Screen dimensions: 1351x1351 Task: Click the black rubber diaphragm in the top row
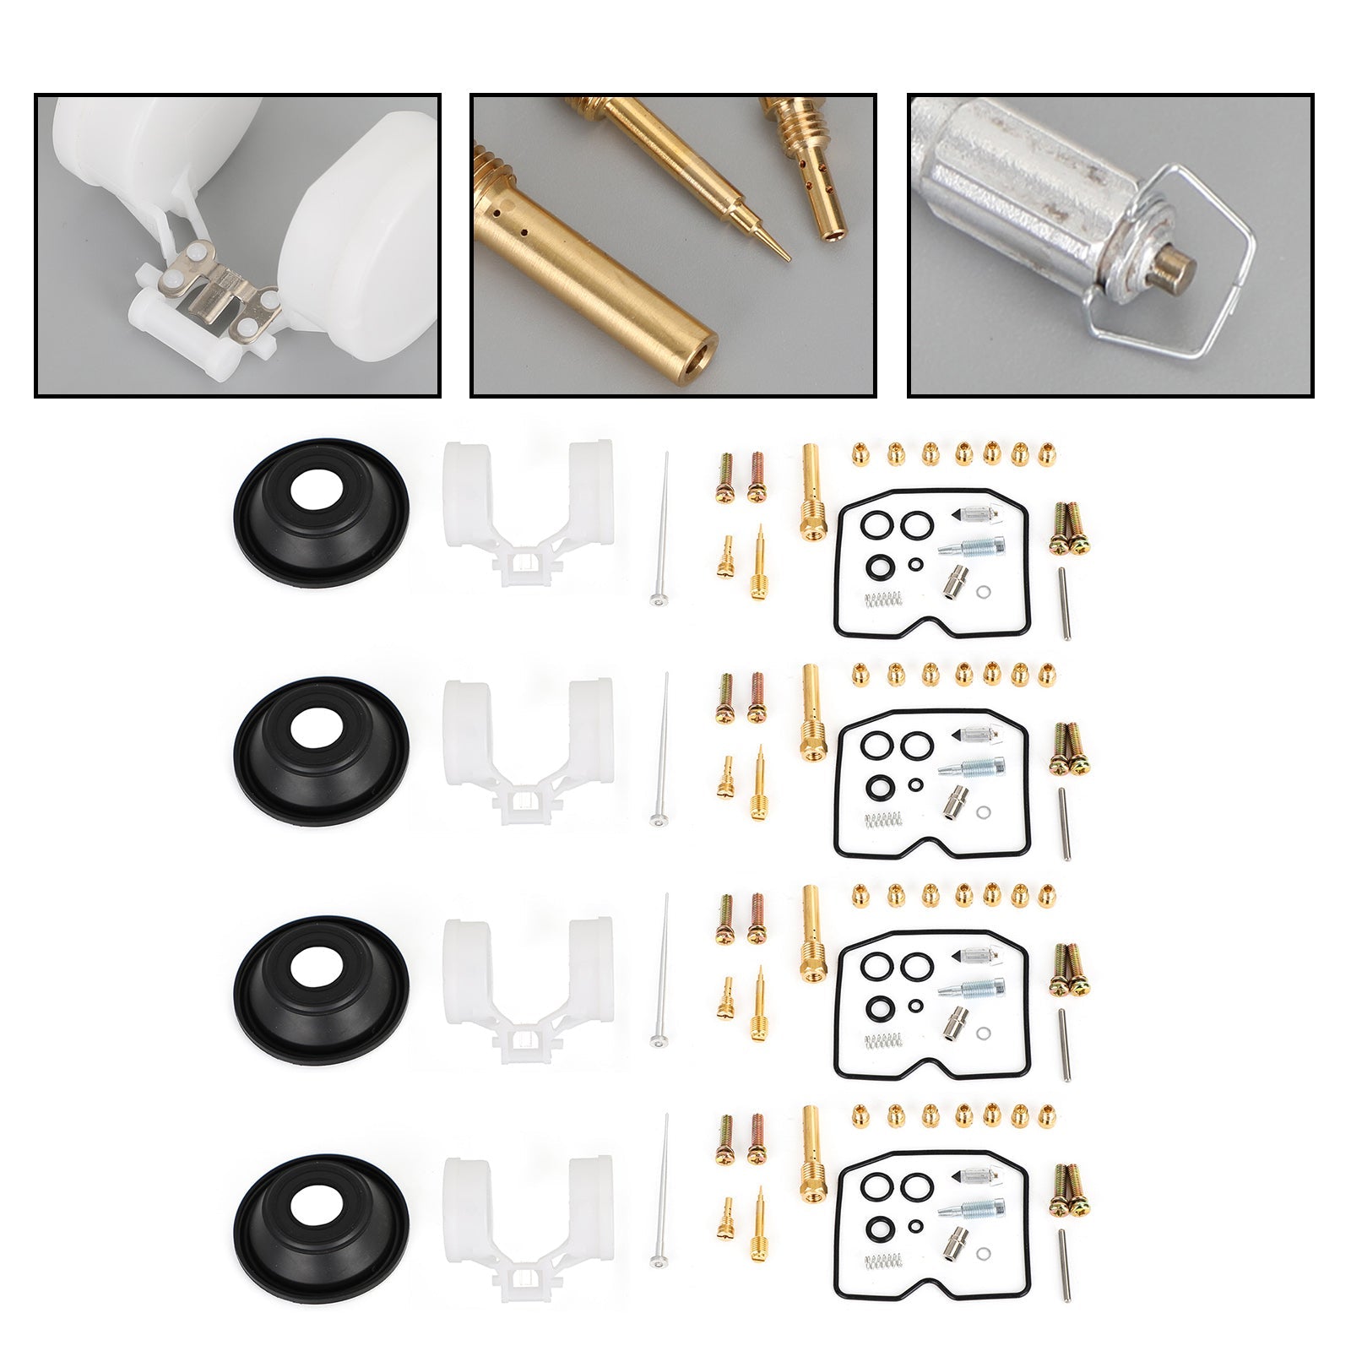[321, 513]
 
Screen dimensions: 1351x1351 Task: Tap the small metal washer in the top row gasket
[985, 592]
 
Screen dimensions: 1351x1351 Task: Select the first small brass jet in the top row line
[860, 455]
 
